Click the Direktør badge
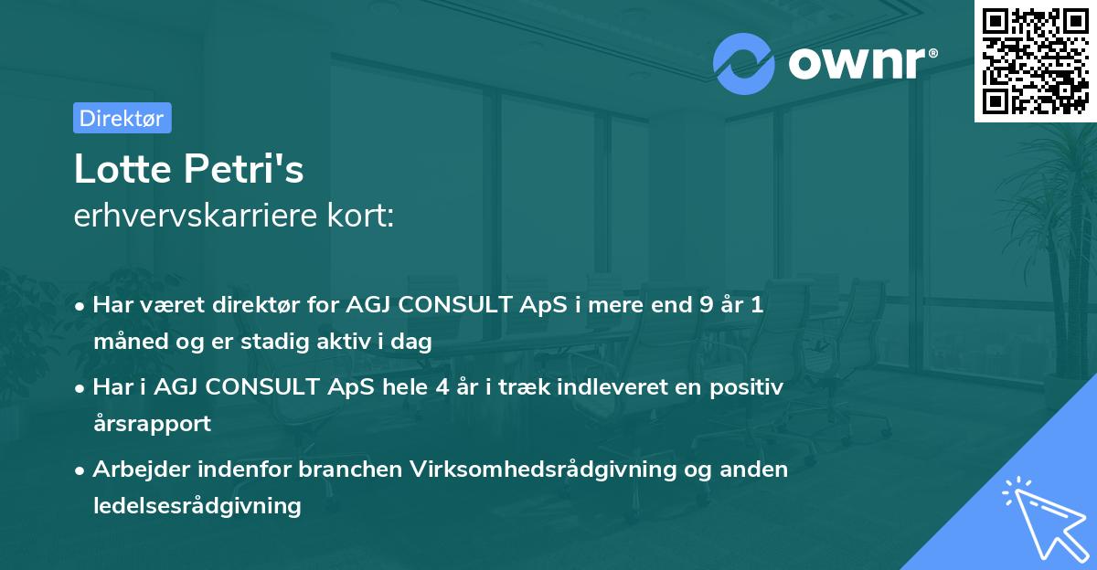coord(122,118)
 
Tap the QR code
coord(1035,61)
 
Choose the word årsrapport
coord(152,424)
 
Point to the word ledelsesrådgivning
coord(197,505)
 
